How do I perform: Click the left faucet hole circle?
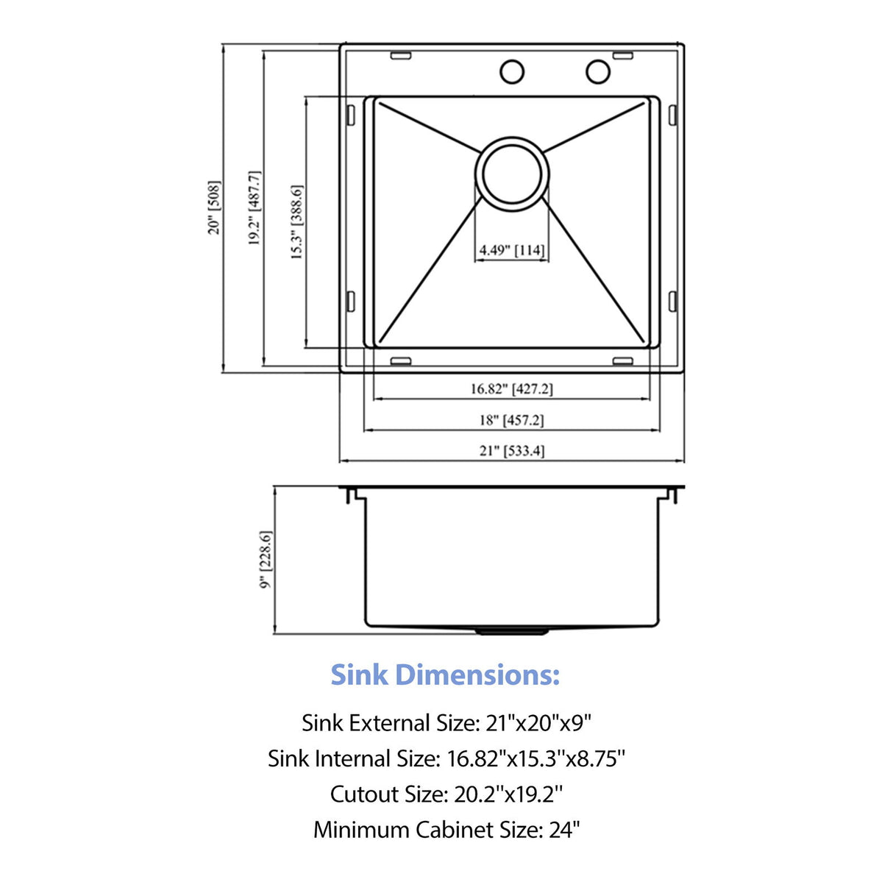511,72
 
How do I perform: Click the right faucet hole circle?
597,71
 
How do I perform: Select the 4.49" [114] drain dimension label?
512,250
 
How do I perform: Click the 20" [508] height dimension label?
214,207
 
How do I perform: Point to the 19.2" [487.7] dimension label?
255,207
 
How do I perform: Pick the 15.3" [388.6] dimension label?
296,221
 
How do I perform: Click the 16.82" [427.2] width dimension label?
511,388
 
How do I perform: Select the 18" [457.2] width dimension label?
511,420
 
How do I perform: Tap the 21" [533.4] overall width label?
512,450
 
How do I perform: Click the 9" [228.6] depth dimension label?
266,559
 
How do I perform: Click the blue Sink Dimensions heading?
445,675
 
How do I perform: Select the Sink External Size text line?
446,723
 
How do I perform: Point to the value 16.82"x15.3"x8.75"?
536,758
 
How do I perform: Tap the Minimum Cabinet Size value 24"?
564,830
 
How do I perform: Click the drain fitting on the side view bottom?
512,630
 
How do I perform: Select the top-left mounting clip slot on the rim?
401,55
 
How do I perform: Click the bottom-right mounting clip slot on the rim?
622,360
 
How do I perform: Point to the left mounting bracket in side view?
352,495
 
